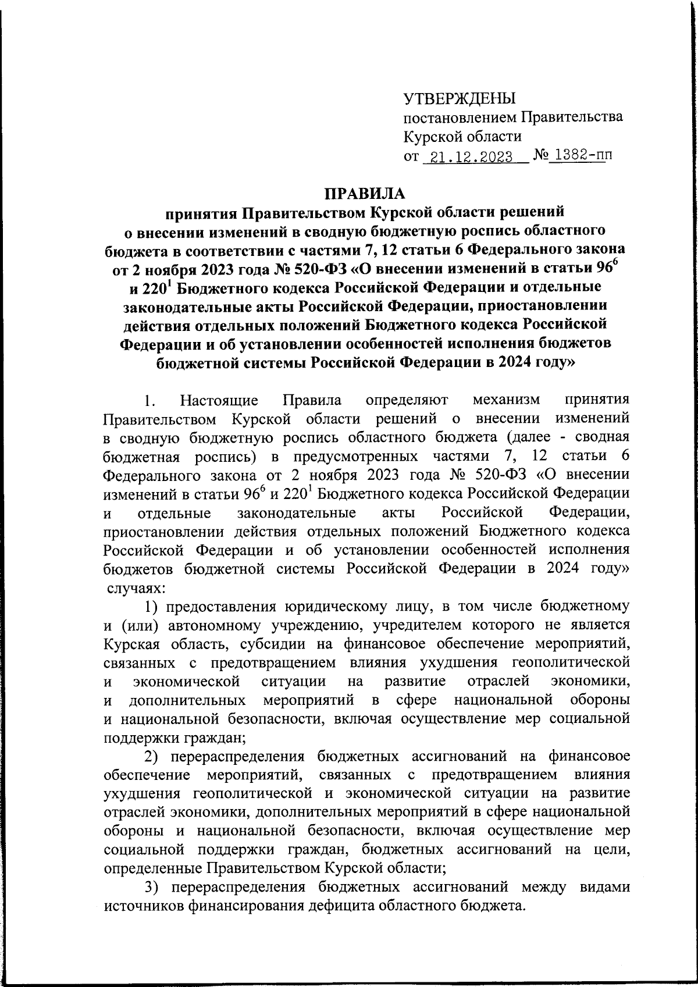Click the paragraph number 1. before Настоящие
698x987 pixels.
pyautogui.click(x=150, y=401)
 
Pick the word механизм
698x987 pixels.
pyautogui.click(x=507, y=400)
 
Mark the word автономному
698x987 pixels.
pyautogui.click(x=216, y=625)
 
